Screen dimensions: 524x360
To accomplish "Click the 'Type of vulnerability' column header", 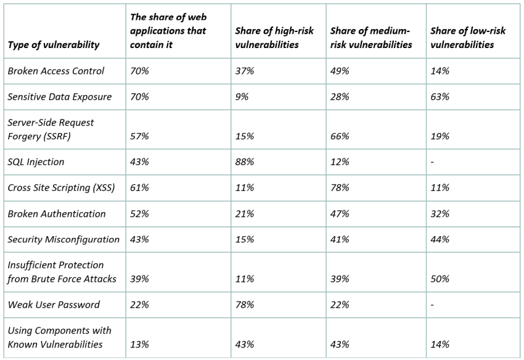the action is click(54, 45).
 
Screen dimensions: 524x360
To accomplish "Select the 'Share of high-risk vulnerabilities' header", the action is click(274, 38).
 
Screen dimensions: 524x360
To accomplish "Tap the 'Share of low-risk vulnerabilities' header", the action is click(468, 38).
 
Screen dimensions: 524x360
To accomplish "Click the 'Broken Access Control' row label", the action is click(56, 71).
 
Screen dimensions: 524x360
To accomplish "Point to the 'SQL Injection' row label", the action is click(36, 162).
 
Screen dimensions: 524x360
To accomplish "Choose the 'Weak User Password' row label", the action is click(54, 305).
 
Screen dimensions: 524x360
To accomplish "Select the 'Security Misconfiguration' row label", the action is click(63, 239).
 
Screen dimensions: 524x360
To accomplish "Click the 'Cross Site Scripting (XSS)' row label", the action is click(61, 187).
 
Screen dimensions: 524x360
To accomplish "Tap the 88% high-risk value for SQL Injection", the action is click(245, 162).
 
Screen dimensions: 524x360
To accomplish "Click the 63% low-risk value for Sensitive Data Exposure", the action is click(440, 97).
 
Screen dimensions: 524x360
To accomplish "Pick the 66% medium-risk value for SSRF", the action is click(340, 136).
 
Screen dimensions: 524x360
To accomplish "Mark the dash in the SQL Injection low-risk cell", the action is click(432, 163).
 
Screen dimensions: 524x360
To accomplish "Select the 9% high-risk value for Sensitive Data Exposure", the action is click(242, 97).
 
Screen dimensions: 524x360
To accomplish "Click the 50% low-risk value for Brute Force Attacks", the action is click(440, 279).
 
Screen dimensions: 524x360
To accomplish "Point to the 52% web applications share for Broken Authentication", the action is click(139, 213).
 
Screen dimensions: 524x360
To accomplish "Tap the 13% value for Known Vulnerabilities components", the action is click(139, 345).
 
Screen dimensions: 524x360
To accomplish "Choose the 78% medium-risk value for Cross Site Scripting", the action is click(340, 187).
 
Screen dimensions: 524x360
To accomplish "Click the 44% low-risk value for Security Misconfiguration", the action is click(440, 239).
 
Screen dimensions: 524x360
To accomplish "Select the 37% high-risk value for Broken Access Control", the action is click(245, 71).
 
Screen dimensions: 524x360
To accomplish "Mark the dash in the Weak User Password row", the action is click(432, 305).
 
